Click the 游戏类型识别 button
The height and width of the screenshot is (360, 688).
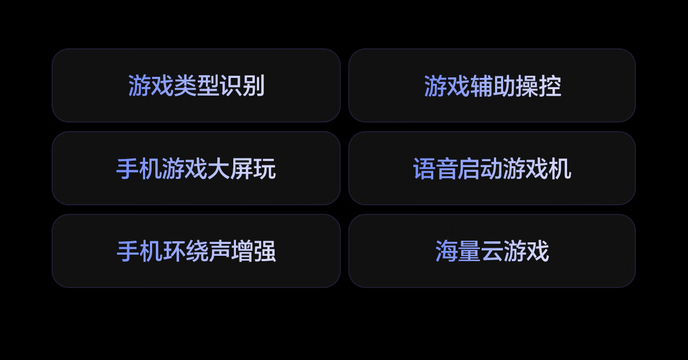196,85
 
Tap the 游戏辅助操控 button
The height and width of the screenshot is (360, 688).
492,85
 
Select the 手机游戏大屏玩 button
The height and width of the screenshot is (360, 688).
196,168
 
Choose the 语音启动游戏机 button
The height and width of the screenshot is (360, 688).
492,168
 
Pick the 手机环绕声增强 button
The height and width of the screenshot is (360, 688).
196,251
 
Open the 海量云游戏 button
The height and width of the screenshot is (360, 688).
492,251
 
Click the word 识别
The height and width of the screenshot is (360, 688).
242,86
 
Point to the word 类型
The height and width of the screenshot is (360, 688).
196,86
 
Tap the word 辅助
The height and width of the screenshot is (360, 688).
492,86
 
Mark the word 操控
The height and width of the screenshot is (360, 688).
539,86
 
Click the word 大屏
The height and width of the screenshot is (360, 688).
230,169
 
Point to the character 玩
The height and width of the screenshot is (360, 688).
264,169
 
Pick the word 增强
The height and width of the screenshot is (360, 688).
253,251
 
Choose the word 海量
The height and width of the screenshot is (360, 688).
458,251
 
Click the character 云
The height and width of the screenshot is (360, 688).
492,251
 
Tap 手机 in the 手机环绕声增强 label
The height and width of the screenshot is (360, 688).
139,251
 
